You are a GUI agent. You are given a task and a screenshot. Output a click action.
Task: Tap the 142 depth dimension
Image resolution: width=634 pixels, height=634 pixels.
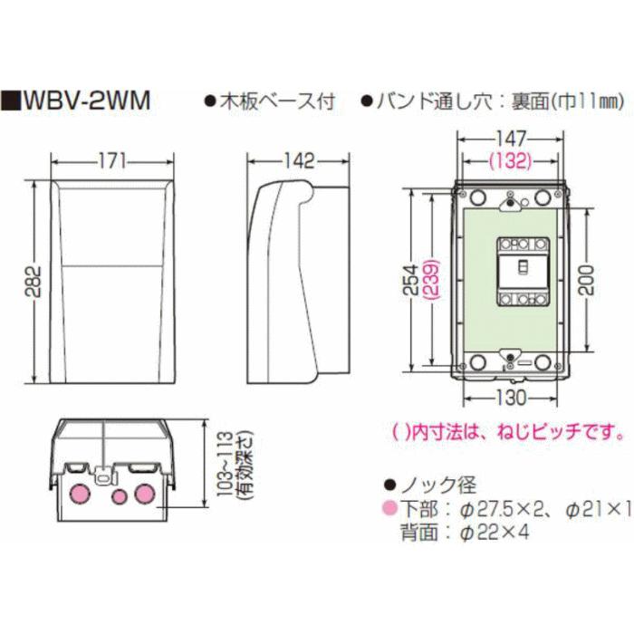tap(297, 162)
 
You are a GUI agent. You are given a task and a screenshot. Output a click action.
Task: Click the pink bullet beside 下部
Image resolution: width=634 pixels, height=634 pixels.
tap(389, 510)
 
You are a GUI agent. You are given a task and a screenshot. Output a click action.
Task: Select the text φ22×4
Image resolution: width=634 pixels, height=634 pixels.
tap(494, 533)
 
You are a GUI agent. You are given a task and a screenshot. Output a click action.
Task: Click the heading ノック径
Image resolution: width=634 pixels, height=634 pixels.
tap(439, 485)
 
